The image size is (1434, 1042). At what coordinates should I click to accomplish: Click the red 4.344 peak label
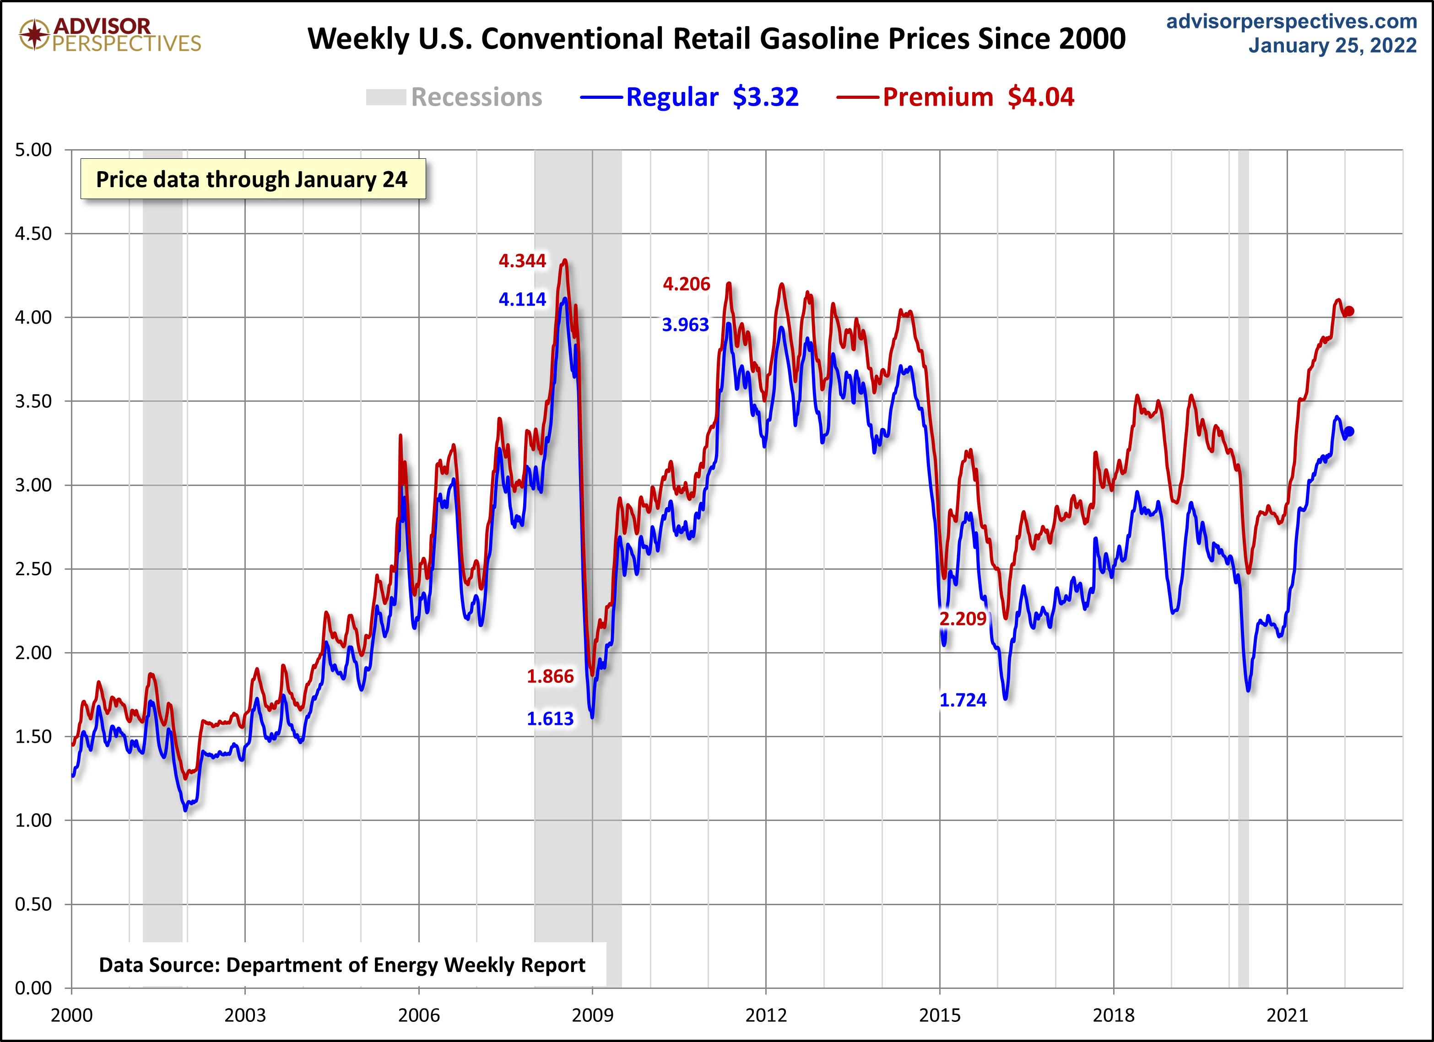[x=522, y=260]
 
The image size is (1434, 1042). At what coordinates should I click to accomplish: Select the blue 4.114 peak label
[x=522, y=299]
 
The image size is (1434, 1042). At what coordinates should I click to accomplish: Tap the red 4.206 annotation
[x=686, y=284]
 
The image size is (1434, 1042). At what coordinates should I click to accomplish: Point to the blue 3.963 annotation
[x=685, y=324]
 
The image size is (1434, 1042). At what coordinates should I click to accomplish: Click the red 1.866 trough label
[x=550, y=676]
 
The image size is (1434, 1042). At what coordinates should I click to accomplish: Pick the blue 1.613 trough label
[x=550, y=718]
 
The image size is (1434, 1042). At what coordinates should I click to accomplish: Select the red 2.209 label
[x=962, y=618]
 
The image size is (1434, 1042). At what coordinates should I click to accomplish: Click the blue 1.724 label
[x=962, y=700]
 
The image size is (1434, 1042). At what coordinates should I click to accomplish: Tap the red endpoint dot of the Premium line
[x=1349, y=311]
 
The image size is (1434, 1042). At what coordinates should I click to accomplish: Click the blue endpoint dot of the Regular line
[x=1349, y=431]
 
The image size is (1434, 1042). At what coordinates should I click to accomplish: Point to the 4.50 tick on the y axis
[x=33, y=233]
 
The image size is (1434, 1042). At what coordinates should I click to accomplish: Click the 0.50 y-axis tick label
[x=33, y=904]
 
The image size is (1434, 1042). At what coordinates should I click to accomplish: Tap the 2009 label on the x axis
[x=592, y=1015]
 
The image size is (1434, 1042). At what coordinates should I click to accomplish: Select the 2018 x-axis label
[x=1114, y=1015]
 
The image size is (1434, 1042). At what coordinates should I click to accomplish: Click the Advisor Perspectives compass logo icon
[x=34, y=34]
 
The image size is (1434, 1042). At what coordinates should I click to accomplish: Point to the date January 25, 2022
[x=1332, y=45]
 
